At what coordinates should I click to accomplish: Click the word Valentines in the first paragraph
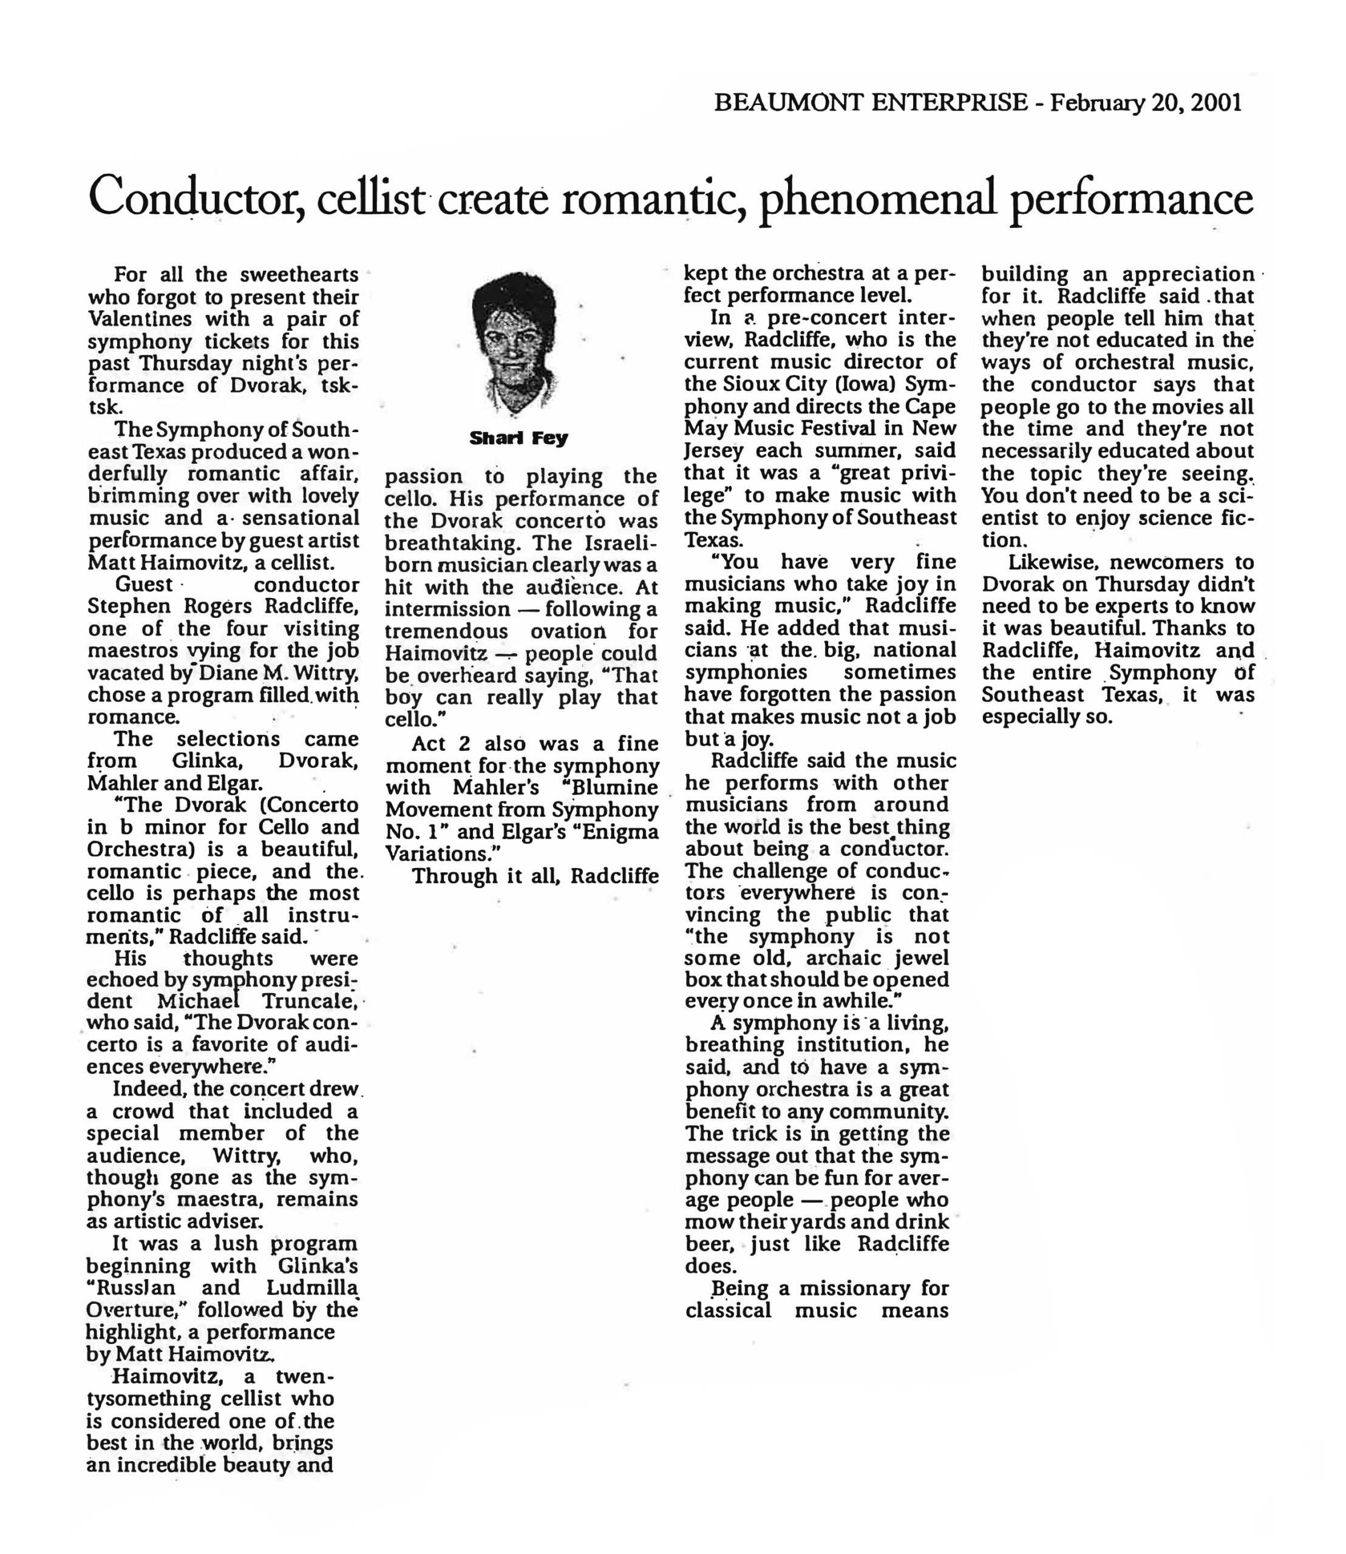click(x=137, y=319)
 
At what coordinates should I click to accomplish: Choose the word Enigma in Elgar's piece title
click(x=620, y=832)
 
